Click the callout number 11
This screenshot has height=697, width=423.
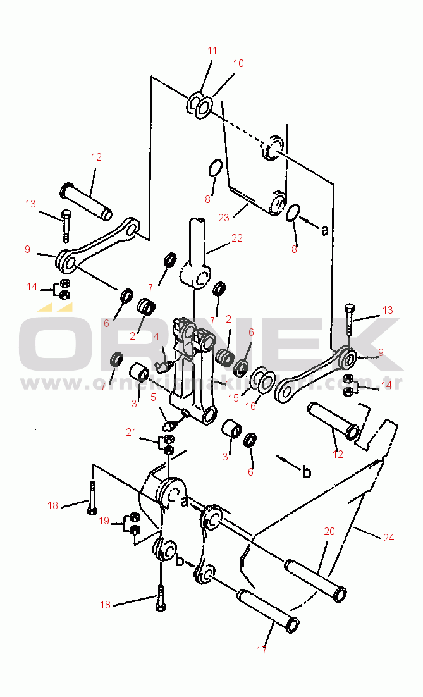point(212,51)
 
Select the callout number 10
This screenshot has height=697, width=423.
point(238,63)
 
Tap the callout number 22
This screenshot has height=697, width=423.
point(236,238)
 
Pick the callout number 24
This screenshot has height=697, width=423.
point(388,538)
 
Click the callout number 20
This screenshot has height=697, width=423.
point(329,532)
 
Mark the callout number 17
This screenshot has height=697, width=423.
point(261,650)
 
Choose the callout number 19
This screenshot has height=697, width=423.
point(104,521)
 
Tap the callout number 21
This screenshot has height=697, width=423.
point(131,432)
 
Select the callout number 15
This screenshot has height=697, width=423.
point(233,398)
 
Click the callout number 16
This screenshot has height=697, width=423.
point(250,406)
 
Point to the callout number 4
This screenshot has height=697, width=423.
point(156,336)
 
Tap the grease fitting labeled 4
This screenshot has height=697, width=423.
point(167,366)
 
